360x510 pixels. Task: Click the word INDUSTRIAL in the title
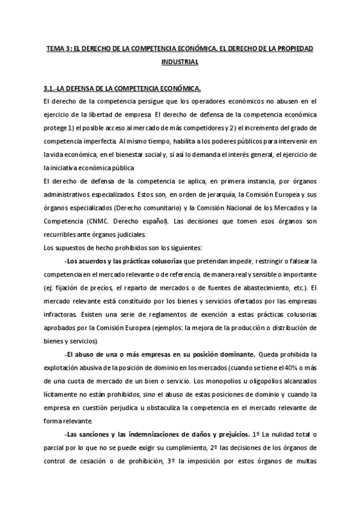[x=180, y=61]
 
